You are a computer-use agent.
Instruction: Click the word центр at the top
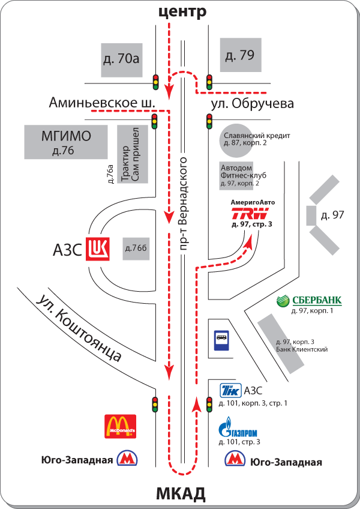click(182, 12)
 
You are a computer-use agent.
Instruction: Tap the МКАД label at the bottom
click(181, 494)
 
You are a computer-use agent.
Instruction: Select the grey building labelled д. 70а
click(121, 60)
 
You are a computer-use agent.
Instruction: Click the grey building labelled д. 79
click(241, 55)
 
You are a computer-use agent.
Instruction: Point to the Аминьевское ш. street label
click(102, 103)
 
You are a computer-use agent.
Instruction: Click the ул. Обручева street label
click(253, 104)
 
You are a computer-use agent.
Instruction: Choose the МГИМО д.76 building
click(66, 142)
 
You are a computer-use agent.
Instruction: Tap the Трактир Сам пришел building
click(133, 154)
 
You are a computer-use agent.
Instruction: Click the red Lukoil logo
click(97, 248)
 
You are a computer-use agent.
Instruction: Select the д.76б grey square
click(136, 248)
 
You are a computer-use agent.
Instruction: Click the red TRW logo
click(250, 214)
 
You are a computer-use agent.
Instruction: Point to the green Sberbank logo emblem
click(283, 301)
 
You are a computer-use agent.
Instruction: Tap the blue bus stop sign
click(221, 340)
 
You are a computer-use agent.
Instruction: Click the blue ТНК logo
click(230, 391)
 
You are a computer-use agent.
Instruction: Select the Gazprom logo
click(238, 427)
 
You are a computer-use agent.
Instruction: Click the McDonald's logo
click(120, 426)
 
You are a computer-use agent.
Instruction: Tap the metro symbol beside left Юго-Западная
click(127, 459)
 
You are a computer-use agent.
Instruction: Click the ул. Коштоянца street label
click(79, 328)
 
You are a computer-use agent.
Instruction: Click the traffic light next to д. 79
click(209, 82)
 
